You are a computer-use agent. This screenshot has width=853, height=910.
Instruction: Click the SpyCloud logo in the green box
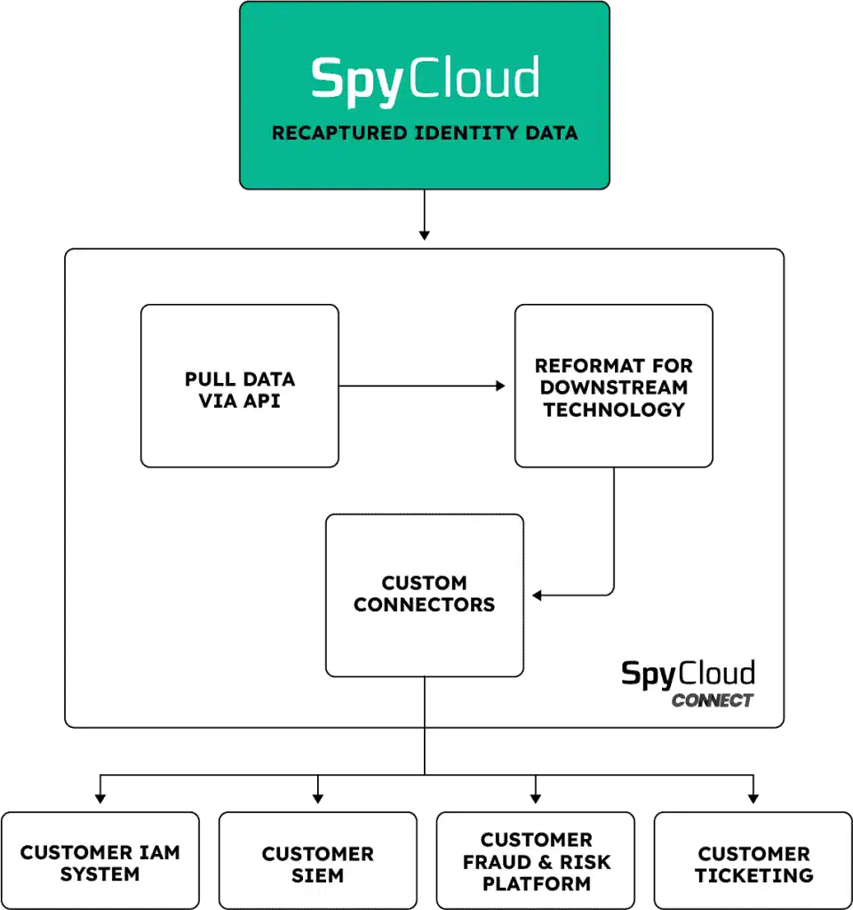click(425, 78)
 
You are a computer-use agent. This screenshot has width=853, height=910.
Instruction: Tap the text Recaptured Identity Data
click(425, 134)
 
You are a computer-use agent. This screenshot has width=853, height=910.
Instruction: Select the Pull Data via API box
click(240, 386)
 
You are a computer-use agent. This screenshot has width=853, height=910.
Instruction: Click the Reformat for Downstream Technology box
click(614, 386)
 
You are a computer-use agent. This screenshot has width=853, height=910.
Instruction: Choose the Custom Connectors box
click(425, 595)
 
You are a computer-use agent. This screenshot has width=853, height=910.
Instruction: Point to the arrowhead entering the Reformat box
click(500, 386)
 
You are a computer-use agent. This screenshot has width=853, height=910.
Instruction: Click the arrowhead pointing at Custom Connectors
click(537, 595)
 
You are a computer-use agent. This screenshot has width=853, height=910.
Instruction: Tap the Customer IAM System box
click(100, 862)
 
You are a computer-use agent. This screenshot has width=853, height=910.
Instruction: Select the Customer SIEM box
click(317, 862)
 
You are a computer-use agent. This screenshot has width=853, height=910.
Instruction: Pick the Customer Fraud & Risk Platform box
click(536, 862)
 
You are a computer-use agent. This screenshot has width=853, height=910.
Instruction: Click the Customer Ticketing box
click(753, 862)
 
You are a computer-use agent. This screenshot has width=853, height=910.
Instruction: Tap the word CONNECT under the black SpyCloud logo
click(713, 700)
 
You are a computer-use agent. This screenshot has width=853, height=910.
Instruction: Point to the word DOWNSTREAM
click(614, 387)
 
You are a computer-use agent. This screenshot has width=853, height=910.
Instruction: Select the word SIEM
click(317, 875)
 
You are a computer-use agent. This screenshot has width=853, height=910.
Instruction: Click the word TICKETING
click(753, 875)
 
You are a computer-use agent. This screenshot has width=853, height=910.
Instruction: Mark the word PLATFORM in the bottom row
click(536, 884)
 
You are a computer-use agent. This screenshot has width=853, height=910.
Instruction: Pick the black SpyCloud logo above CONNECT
click(688, 673)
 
